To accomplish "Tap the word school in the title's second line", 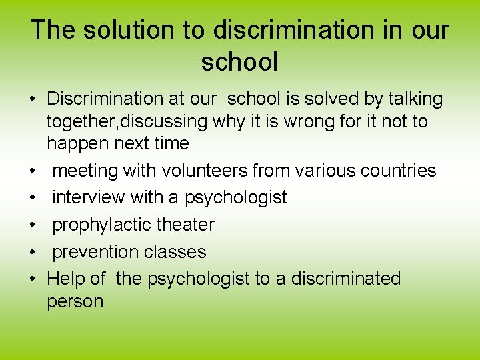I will click(239, 62).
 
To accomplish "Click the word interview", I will click(88, 197).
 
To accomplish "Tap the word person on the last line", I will click(75, 301).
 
